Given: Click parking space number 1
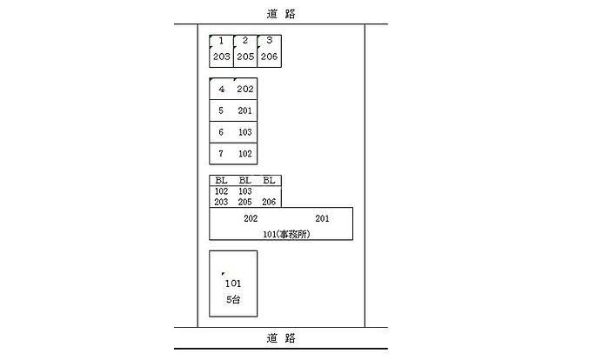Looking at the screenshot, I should point(221,41).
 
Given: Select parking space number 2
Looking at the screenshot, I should point(245,41).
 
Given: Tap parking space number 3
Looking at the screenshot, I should point(270,41).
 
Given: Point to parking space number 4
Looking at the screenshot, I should point(222,90).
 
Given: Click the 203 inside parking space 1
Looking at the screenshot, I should point(221,57).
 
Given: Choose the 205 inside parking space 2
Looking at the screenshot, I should point(245,57).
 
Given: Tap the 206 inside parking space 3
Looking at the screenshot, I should point(270,57).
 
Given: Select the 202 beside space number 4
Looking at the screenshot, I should point(244,90).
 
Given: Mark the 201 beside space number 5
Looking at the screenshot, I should point(244,111).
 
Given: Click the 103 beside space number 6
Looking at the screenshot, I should point(244,133).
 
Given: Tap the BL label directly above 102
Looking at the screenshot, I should point(221,181).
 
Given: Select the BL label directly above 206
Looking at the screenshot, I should point(269,181).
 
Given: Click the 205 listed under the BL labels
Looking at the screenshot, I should point(244,202).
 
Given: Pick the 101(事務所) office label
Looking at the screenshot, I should point(287,233).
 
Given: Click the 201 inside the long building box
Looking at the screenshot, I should point(322,218).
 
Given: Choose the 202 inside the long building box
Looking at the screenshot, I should point(251,218).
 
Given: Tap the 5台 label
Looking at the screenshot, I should point(232,298).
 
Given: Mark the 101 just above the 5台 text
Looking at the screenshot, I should point(232,283).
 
